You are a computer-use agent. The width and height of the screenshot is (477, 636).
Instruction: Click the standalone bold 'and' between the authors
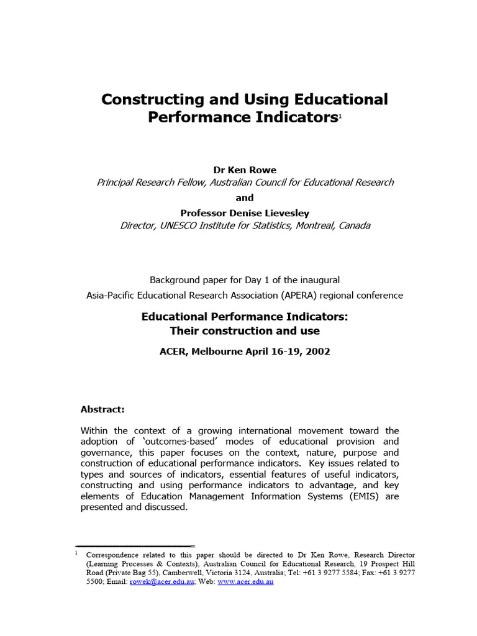click(245, 198)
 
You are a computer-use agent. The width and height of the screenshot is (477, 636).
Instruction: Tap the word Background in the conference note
click(175, 280)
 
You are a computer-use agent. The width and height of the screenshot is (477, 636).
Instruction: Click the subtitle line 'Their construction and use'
click(245, 330)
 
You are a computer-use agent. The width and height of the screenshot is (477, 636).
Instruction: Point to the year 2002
click(317, 352)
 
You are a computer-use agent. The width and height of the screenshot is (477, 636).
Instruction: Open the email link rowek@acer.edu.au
click(162, 582)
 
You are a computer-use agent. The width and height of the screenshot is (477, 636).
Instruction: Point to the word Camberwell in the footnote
click(202, 573)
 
